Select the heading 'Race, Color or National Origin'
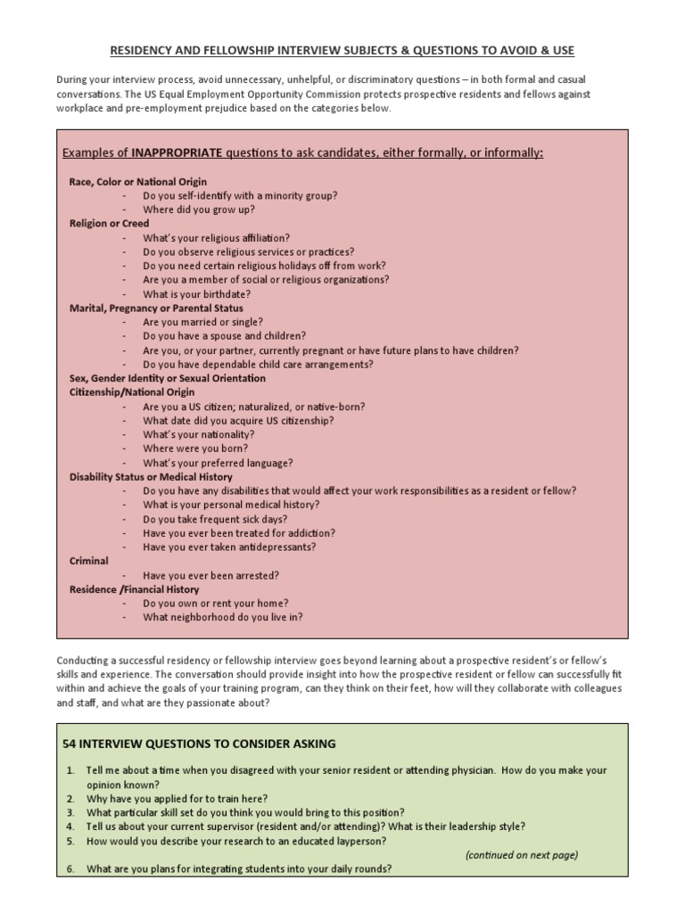point(138,182)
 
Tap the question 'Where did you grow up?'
point(199,210)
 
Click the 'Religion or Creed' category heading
point(110,224)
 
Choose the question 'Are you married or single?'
point(202,322)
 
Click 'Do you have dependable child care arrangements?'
point(258,364)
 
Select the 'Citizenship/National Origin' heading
point(132,392)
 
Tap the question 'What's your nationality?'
point(199,434)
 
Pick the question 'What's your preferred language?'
point(218,463)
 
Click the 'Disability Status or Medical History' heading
point(152,477)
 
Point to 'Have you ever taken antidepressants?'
point(229,547)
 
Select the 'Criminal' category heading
point(89,561)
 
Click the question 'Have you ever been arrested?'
point(211,575)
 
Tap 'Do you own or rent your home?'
point(216,604)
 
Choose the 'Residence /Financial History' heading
point(135,589)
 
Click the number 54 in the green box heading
point(70,744)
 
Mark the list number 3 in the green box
point(70,812)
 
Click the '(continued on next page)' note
point(522,855)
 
